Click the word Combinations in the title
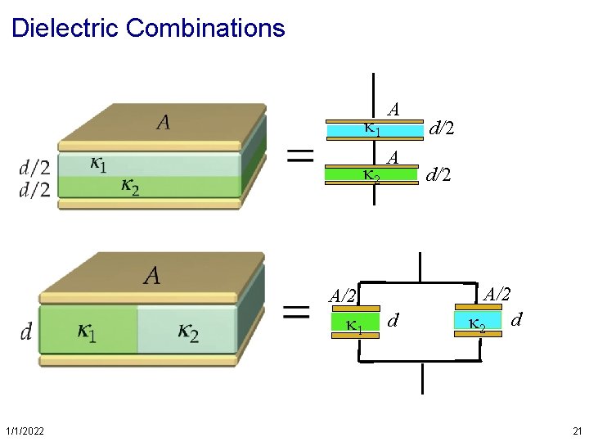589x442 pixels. click(205, 28)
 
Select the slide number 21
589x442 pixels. click(578, 431)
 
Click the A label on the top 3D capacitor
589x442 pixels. click(164, 123)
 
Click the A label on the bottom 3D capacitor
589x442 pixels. click(152, 276)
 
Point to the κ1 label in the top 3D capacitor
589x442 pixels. click(97, 165)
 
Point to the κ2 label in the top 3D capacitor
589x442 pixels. click(129, 187)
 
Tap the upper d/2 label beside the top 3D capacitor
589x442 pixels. click(34, 169)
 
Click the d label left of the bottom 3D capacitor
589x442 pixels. click(26, 331)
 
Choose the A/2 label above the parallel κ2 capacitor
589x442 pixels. click(498, 293)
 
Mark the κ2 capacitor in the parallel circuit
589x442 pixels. click(478, 325)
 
